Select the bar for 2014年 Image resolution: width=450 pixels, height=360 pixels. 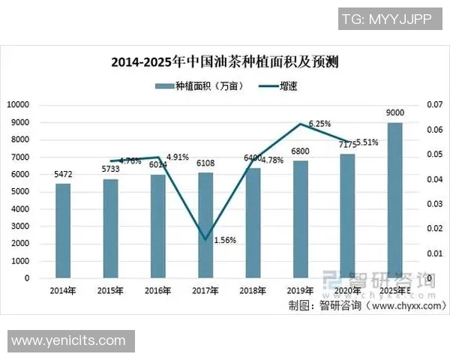63,231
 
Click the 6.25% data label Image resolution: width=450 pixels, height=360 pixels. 319,124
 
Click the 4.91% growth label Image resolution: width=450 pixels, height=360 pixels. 178,157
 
